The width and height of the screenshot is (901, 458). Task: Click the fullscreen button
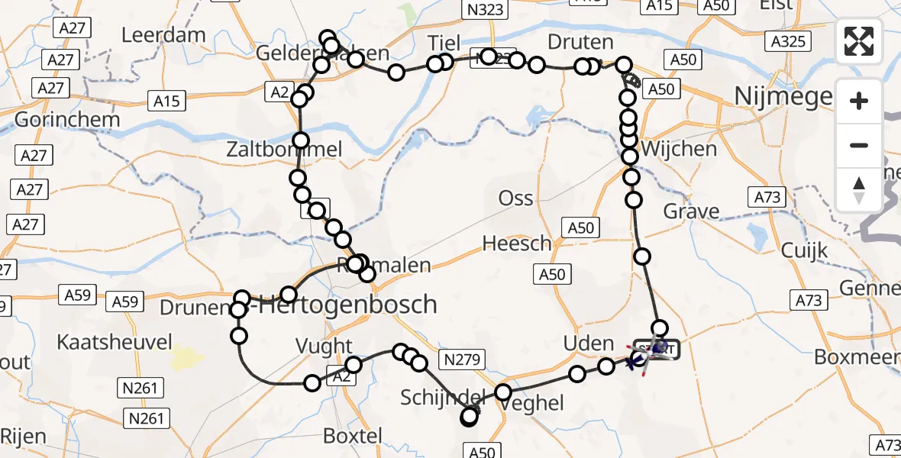859,41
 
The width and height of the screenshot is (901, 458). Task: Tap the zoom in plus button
859,101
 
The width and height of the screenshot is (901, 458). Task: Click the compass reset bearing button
859,189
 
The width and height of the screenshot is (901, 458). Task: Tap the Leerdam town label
164,34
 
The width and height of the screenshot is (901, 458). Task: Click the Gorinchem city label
67,119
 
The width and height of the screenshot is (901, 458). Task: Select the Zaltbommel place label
284,150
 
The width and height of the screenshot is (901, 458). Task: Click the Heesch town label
517,244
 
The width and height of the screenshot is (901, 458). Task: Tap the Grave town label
691,211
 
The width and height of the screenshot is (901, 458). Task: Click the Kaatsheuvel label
115,342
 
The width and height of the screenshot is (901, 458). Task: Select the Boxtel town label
352,437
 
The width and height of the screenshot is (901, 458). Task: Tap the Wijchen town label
680,148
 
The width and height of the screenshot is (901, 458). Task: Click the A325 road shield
787,41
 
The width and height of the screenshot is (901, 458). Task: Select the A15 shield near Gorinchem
166,100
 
